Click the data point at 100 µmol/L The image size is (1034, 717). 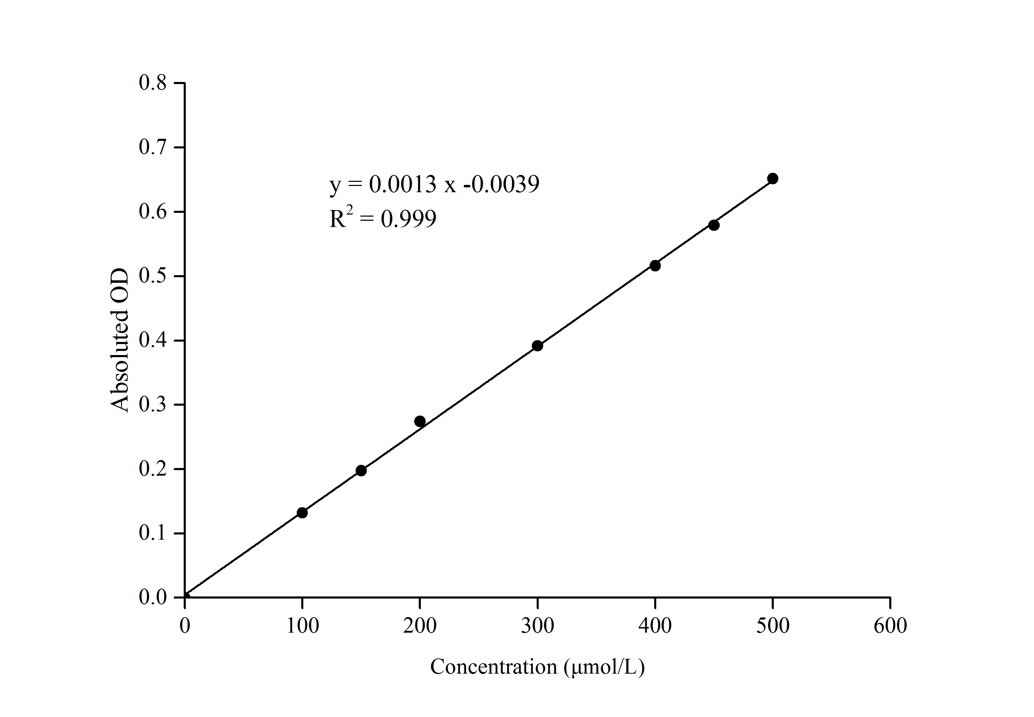click(302, 512)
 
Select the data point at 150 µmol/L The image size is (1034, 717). click(361, 470)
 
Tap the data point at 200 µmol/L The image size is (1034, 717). click(420, 421)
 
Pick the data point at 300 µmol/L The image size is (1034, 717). click(537, 345)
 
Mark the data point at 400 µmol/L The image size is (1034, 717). click(655, 266)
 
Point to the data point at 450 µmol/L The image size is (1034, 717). click(714, 225)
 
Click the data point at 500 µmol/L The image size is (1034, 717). click(773, 178)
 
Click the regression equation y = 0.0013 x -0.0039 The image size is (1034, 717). click(434, 184)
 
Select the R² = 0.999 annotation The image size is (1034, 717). click(383, 218)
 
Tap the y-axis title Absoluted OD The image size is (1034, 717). click(120, 340)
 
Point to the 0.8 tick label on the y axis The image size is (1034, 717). click(153, 83)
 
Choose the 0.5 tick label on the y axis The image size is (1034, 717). click(153, 276)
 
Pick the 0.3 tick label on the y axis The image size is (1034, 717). click(153, 405)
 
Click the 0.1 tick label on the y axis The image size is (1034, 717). click(153, 533)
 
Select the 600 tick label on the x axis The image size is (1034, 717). click(890, 626)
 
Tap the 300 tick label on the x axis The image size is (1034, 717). click(537, 626)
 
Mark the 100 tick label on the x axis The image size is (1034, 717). click(303, 626)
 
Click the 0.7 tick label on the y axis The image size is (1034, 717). click(153, 147)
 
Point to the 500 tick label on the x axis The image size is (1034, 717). click(773, 626)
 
